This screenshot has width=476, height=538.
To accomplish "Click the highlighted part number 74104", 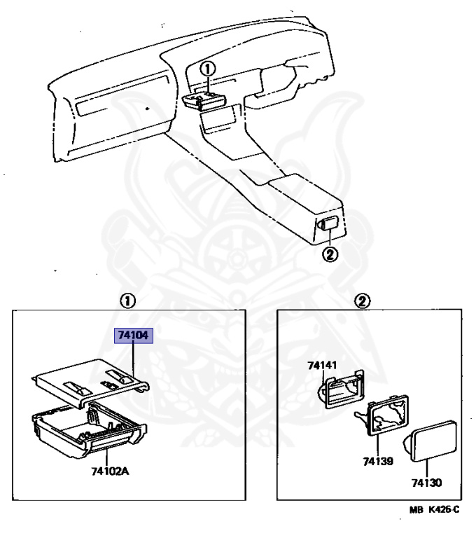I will pyautogui.click(x=133, y=336).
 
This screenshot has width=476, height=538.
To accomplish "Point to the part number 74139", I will pyautogui.click(x=377, y=462).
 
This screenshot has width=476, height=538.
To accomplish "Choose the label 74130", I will pyautogui.click(x=426, y=483).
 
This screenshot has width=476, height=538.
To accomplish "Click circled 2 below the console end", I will pyautogui.click(x=330, y=254).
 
